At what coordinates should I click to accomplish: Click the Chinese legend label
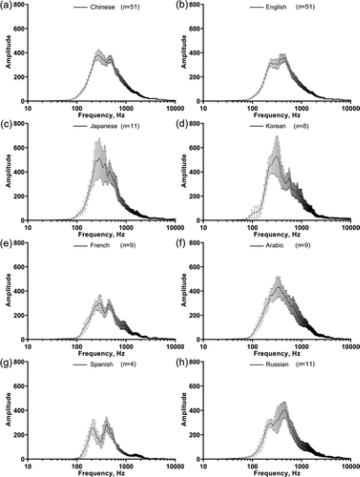tap(102, 7)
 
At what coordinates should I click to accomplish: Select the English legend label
tap(276, 7)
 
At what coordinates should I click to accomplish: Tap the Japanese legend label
tap(104, 126)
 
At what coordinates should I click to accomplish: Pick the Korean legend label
tap(276, 126)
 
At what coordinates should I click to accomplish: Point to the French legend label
tap(100, 245)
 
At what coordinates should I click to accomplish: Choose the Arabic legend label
tap(275, 245)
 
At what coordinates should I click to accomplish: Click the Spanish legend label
tap(101, 364)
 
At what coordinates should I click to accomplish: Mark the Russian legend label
tap(277, 364)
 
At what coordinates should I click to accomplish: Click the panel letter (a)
tap(6, 6)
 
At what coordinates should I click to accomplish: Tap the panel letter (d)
tap(182, 125)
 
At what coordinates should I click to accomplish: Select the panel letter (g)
tap(6, 363)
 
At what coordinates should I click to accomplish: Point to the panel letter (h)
tap(182, 363)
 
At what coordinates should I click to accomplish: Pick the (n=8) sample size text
tap(301, 126)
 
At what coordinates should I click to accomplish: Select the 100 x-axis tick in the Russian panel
tap(252, 466)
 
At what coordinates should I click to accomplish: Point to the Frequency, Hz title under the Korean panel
tap(277, 234)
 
